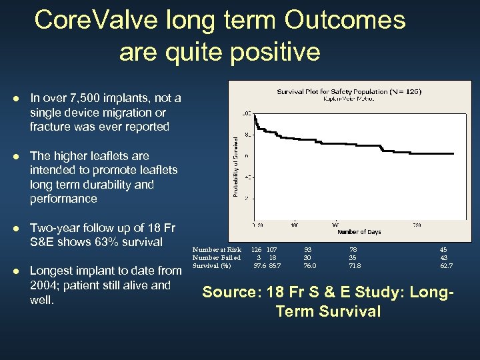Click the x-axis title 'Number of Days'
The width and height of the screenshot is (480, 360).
pyautogui.click(x=359, y=232)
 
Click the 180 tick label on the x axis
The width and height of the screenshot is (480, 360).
pyautogui.click(x=294, y=224)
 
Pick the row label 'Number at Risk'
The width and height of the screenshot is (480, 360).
pyautogui.click(x=217, y=250)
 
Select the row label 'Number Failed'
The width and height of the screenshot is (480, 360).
pyautogui.click(x=217, y=258)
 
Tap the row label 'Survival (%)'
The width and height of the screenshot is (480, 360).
pyautogui.click(x=211, y=266)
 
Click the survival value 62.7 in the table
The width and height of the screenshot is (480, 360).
pyautogui.click(x=446, y=266)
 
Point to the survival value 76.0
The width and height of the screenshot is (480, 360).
pyautogui.click(x=310, y=266)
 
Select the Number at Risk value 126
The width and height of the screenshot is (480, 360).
pyautogui.click(x=256, y=250)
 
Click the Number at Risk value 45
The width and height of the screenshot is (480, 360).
pyautogui.click(x=443, y=250)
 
